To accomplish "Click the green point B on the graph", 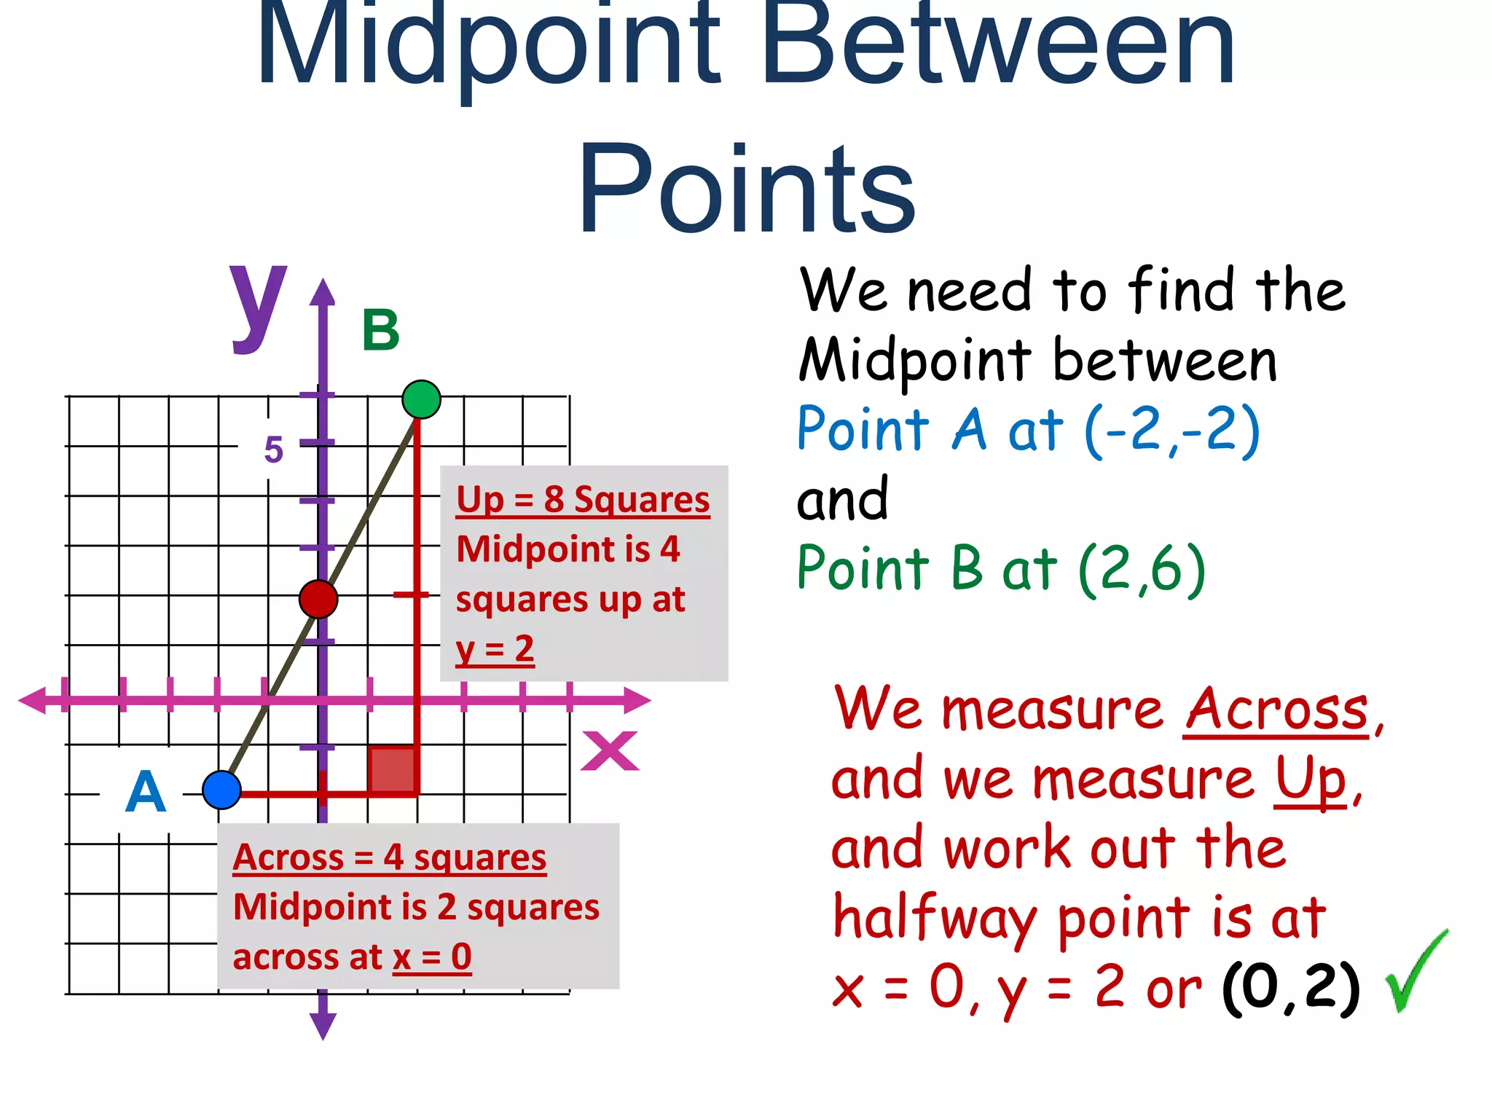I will (x=421, y=399).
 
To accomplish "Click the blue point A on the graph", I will (x=221, y=790).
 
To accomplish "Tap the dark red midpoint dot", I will (x=318, y=599).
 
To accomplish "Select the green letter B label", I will (x=381, y=330).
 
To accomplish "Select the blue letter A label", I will (x=146, y=792).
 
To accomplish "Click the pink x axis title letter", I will (x=610, y=751).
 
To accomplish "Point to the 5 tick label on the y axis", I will (x=273, y=449).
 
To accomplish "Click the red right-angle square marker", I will (x=393, y=769).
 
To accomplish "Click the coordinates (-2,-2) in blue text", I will (x=1172, y=430).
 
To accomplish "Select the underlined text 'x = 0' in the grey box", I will (x=432, y=957).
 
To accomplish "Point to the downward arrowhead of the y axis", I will (x=323, y=1026).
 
